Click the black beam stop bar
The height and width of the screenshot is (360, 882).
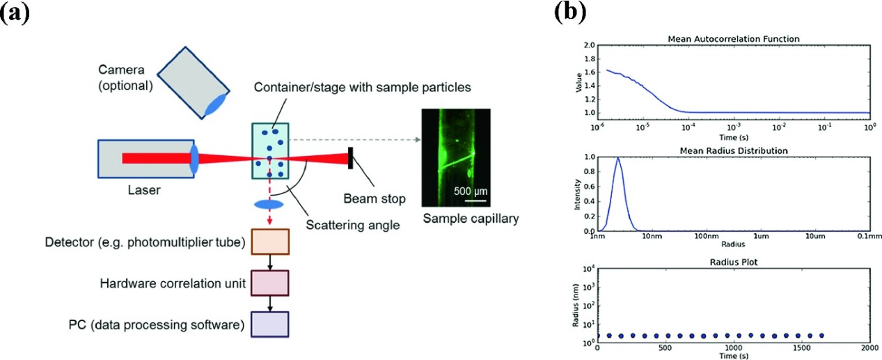point(350,158)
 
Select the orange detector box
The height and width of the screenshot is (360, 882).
point(270,242)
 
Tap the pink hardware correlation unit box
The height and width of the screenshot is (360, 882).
point(270,283)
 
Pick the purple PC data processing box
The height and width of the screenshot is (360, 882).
point(270,324)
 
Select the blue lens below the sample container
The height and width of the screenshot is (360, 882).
point(269,205)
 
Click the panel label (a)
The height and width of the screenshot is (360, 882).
point(15,15)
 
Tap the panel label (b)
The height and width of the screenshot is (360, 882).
point(569,15)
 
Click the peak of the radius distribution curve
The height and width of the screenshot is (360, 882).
point(617,158)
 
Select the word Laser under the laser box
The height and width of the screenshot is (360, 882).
point(145,189)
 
